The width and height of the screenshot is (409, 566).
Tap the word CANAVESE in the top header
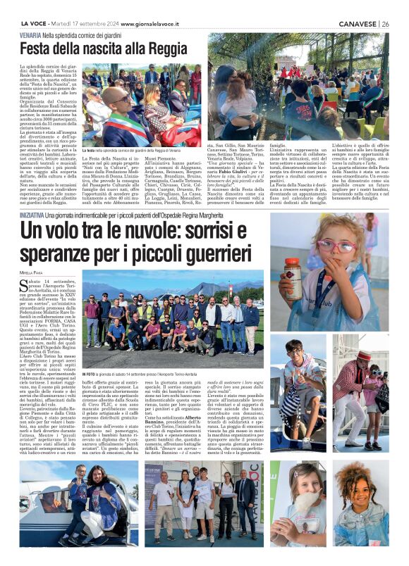pos(356,23)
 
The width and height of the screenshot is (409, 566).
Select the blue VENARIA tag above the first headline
pos(30,34)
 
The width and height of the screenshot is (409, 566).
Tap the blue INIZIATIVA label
pos(34,213)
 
